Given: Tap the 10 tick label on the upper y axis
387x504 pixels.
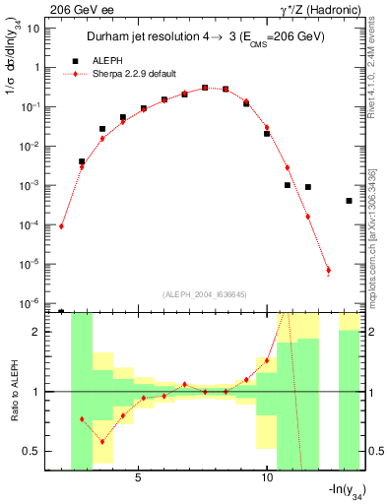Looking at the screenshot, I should [x=33, y=29].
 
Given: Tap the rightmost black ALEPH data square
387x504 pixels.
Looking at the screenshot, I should [x=350, y=201].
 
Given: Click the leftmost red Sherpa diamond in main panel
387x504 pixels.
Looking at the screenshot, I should [x=61, y=226].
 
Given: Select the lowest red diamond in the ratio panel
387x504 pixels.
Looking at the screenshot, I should [x=102, y=442].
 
